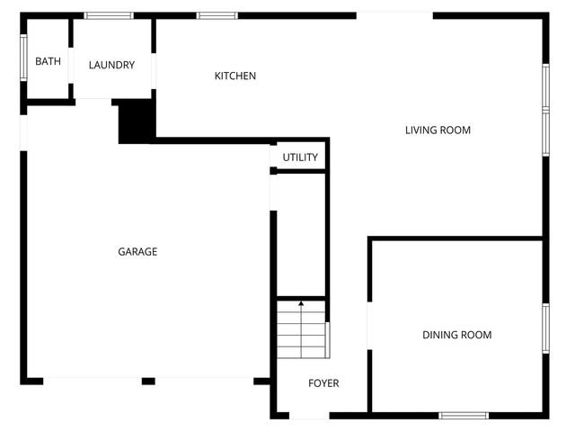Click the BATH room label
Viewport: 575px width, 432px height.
click(x=49, y=62)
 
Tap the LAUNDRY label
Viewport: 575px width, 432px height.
click(x=112, y=65)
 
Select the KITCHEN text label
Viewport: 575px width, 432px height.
click(x=235, y=76)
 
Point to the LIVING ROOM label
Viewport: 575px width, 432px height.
click(x=438, y=130)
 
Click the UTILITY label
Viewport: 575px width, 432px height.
click(x=300, y=157)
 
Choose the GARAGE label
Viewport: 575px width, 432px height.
click(x=137, y=252)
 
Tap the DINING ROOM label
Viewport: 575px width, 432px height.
click(x=457, y=335)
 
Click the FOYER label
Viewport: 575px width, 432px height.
click(x=323, y=383)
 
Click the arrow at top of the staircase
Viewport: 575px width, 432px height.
click(x=301, y=305)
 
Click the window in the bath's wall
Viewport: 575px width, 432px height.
click(x=23, y=58)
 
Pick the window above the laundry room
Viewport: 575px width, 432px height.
click(x=109, y=15)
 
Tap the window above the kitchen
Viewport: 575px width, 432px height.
click(x=217, y=15)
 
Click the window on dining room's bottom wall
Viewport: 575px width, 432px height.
click(x=464, y=415)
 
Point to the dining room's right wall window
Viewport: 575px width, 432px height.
click(x=545, y=328)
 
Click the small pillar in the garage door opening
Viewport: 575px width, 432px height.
click(x=148, y=381)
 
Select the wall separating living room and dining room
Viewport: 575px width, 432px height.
click(x=456, y=238)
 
